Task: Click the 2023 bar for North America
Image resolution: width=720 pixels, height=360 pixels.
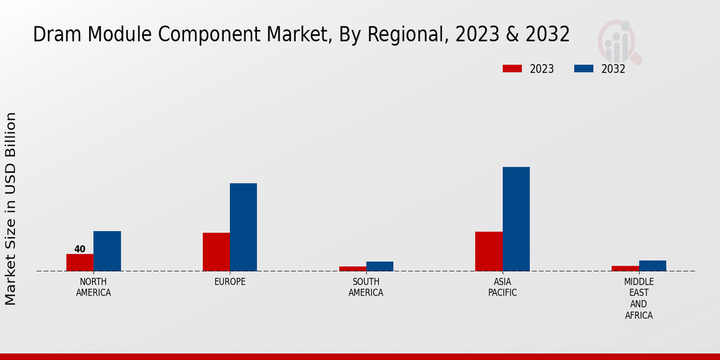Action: click(x=80, y=262)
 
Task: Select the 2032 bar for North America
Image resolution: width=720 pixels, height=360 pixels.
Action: click(x=107, y=251)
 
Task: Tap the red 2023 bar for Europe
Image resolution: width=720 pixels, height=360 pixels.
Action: click(x=216, y=251)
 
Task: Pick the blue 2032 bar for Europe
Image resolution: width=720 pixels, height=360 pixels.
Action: click(x=243, y=227)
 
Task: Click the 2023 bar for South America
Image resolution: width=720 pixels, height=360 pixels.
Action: click(x=352, y=268)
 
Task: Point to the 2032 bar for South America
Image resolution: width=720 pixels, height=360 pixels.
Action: click(x=380, y=266)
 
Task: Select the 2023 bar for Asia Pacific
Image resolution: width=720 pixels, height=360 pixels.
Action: click(x=488, y=251)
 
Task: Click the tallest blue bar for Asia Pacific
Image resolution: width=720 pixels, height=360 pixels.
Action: click(x=516, y=218)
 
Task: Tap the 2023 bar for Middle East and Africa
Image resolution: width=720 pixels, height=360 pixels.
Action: click(x=625, y=268)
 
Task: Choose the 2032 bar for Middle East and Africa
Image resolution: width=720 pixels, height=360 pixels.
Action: click(x=652, y=265)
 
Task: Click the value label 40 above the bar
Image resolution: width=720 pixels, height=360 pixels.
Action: click(x=80, y=249)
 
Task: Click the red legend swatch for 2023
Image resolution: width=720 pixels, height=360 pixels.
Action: click(x=512, y=68)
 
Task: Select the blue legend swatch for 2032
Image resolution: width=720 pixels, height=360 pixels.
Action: click(x=583, y=68)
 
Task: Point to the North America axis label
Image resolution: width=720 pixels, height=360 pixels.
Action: click(x=94, y=287)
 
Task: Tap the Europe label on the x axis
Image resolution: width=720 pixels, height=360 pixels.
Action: click(x=230, y=282)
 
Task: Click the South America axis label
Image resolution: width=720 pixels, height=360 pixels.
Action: click(x=366, y=287)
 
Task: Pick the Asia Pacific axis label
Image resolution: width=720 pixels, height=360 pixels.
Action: click(x=502, y=287)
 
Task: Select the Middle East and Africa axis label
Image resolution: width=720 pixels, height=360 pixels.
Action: click(x=638, y=298)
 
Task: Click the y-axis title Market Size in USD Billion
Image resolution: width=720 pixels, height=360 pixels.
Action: click(x=11, y=208)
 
